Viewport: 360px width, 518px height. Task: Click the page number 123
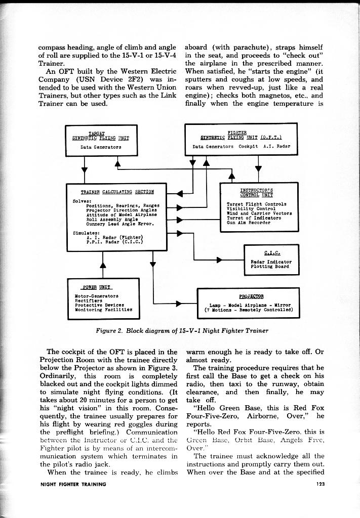(x=318, y=484)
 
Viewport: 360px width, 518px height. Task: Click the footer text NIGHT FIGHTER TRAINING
(x=73, y=484)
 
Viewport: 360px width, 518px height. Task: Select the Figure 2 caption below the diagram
(x=182, y=330)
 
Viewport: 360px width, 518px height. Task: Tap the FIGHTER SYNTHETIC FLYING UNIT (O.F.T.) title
(x=241, y=135)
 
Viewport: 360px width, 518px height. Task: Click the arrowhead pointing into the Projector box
(x=178, y=305)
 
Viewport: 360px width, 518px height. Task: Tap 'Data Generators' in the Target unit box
(x=101, y=147)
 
